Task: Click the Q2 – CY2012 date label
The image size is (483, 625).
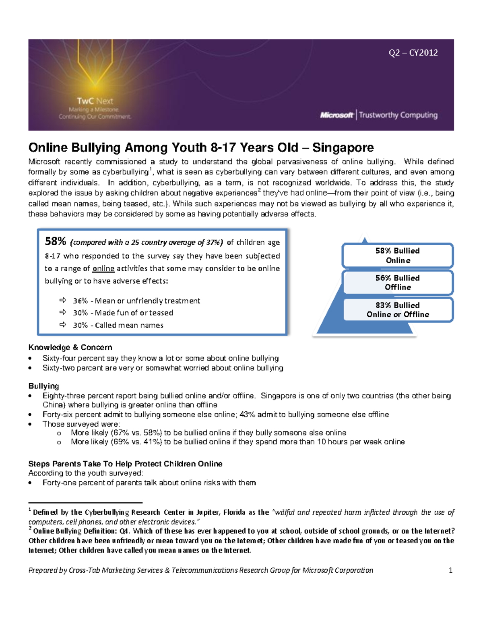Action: pos(413,53)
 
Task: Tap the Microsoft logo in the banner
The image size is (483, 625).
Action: pos(336,115)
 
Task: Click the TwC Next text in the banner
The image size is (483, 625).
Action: pos(95,101)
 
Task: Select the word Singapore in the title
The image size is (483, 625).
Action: pos(343,147)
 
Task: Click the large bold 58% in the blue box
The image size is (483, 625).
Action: pos(56,241)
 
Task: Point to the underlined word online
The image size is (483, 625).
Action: pos(103,268)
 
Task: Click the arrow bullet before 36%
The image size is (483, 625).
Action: pos(63,300)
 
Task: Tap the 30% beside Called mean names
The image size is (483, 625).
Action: pos(80,325)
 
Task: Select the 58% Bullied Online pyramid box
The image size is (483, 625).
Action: pos(398,256)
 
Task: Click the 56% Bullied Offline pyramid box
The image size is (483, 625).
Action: pos(398,283)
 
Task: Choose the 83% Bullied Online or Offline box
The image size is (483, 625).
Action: pos(398,310)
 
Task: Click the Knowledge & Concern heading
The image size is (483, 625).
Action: pos(70,347)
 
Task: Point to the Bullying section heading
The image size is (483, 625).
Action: pos(43,386)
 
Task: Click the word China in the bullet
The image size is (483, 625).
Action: pos(54,405)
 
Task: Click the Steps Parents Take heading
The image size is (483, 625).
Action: pos(125,464)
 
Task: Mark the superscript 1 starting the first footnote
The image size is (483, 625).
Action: pos(30,510)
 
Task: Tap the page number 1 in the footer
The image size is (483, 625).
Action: pos(450,570)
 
